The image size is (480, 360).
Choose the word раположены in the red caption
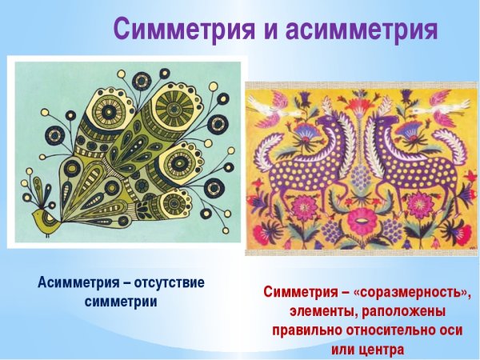[407, 310]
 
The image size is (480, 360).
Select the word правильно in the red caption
[310, 330]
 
